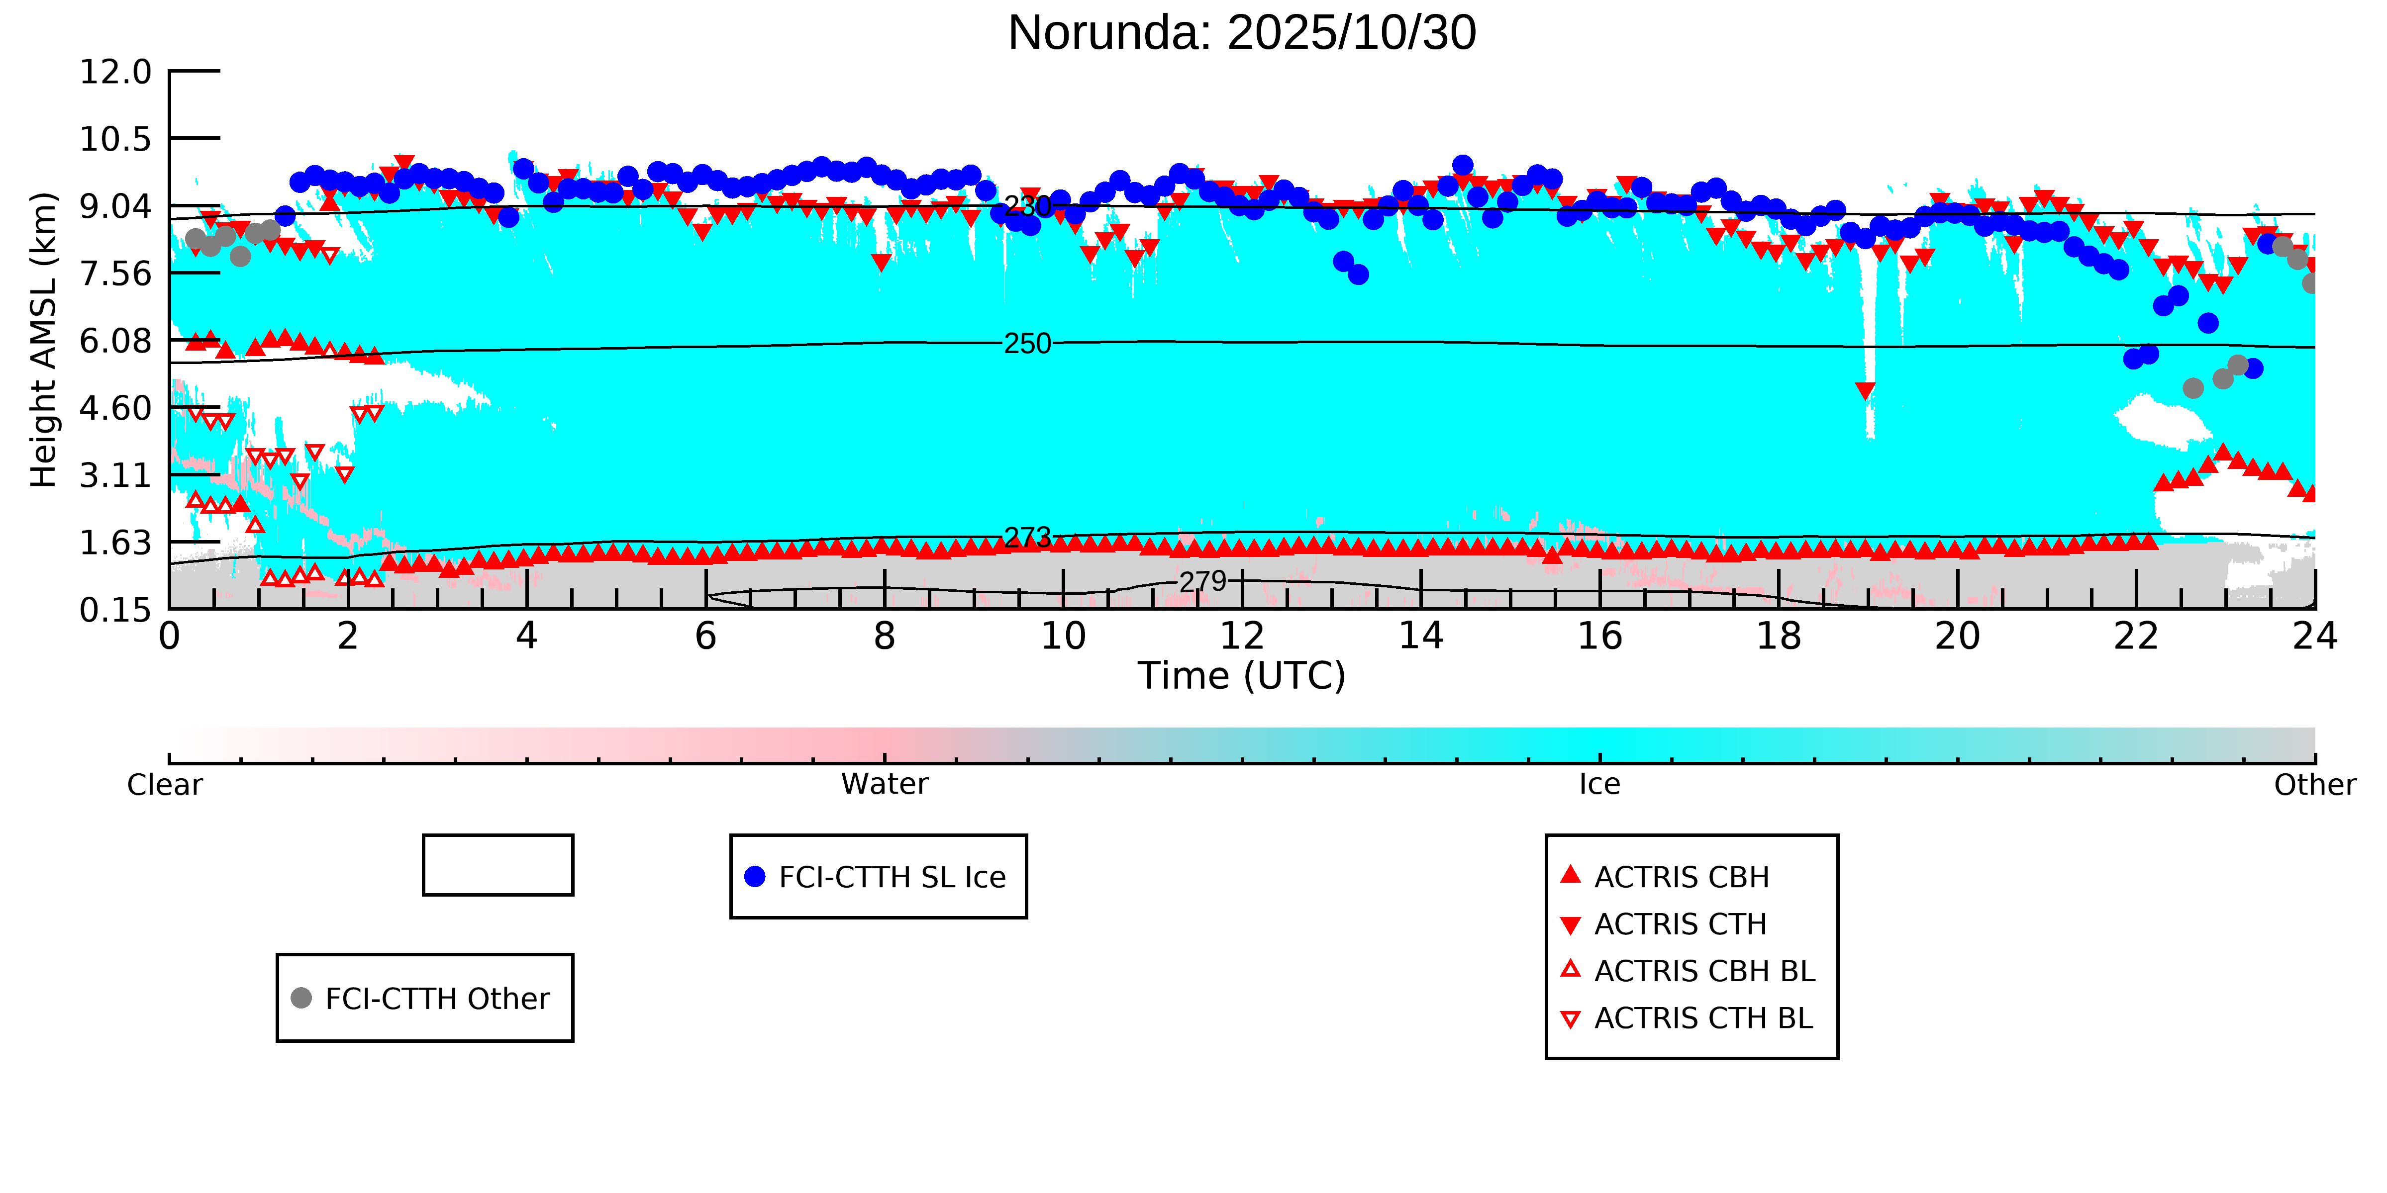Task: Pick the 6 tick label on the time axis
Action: pyautogui.click(x=705, y=637)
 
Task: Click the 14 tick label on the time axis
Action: pyautogui.click(x=1420, y=637)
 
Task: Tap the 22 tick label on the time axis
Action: pyautogui.click(x=2136, y=637)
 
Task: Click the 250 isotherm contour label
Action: pyautogui.click(x=1028, y=344)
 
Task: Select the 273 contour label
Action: pyautogui.click(x=1028, y=537)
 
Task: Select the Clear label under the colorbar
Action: pyautogui.click(x=165, y=785)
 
